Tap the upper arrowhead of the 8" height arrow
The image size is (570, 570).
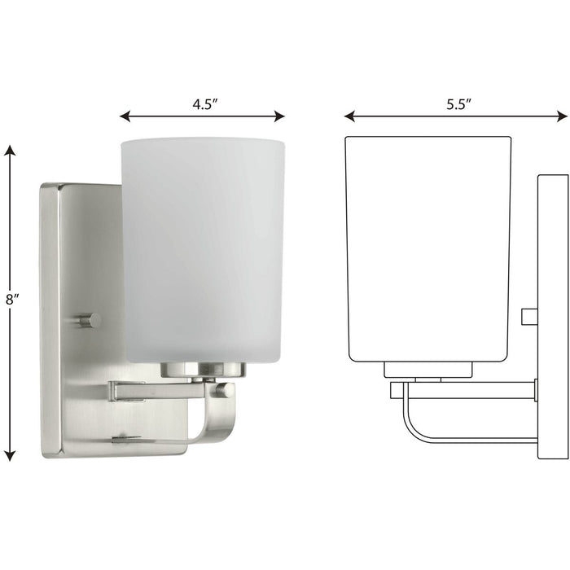(10, 151)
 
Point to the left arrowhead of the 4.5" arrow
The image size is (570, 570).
(125, 116)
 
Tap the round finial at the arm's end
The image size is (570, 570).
(225, 390)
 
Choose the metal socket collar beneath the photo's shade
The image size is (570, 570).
(203, 370)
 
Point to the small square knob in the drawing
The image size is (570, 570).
(528, 315)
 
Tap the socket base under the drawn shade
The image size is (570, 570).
(428, 370)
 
